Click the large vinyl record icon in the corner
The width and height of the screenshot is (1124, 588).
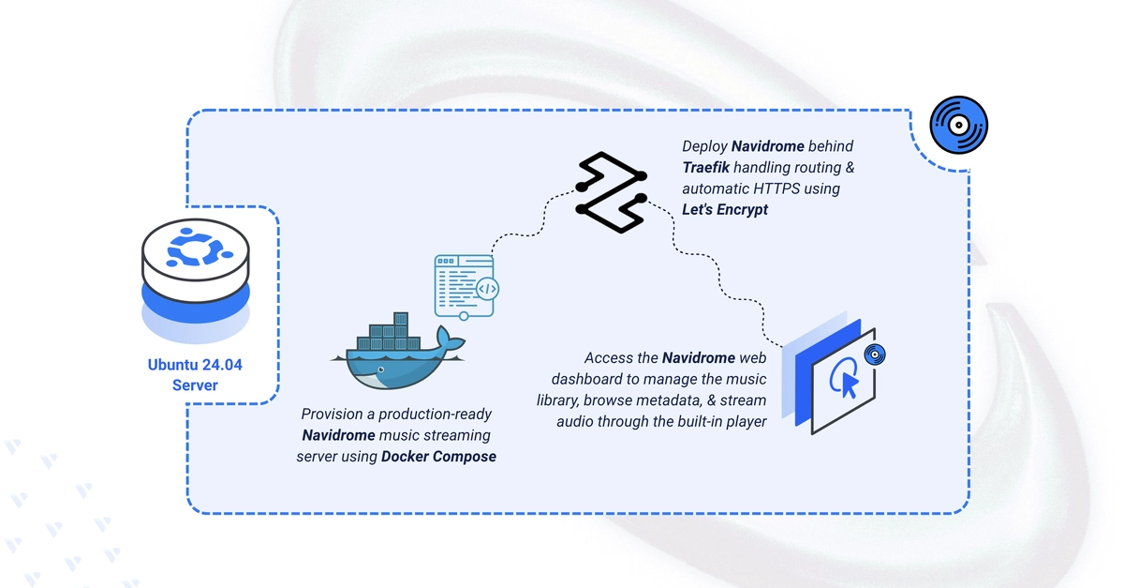point(958,125)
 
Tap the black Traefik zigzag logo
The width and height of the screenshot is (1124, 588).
point(611,192)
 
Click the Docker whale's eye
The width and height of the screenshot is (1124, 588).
point(381,369)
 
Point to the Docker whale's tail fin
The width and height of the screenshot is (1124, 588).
point(451,339)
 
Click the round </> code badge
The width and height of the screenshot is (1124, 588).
point(487,289)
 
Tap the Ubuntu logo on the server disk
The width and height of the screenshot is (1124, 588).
point(196,247)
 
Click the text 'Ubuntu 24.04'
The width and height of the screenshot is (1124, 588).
point(195,365)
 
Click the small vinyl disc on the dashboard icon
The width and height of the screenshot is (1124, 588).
point(875,354)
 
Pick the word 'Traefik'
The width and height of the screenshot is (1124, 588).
point(706,167)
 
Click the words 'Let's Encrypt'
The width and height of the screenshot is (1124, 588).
point(725,209)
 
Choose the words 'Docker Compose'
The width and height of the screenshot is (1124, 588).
point(438,457)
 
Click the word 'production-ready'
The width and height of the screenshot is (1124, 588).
point(435,415)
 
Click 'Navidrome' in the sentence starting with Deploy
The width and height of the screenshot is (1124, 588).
point(768,146)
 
